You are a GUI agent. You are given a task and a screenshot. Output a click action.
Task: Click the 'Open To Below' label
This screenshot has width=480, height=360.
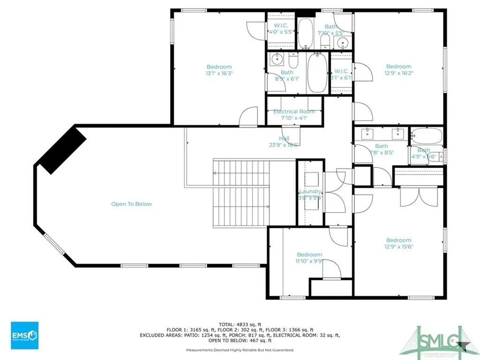pyautogui.click(x=131, y=204)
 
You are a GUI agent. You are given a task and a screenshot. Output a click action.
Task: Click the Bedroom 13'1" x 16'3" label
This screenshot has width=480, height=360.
pyautogui.click(x=219, y=70)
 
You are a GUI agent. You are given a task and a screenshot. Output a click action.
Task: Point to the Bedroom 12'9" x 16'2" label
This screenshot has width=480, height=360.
pyautogui.click(x=398, y=70)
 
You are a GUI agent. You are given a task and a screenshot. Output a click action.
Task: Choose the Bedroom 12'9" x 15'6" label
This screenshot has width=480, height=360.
pyautogui.click(x=398, y=243)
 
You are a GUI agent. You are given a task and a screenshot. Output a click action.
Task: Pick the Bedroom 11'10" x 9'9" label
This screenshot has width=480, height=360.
pyautogui.click(x=309, y=258)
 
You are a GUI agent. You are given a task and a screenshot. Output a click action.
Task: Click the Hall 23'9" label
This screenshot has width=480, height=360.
pyautogui.click(x=284, y=142)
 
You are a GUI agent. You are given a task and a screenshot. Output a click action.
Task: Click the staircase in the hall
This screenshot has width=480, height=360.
pyautogui.click(x=242, y=192)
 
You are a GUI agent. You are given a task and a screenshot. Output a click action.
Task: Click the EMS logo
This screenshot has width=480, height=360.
pyautogui.click(x=24, y=335)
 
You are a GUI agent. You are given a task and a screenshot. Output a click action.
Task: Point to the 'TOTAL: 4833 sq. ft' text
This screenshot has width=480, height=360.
pyautogui.click(x=240, y=324)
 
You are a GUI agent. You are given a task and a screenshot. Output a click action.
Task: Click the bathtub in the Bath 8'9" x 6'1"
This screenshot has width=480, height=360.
pyautogui.click(x=317, y=74)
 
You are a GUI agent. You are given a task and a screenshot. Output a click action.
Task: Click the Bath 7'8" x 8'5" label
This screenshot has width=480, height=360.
pyautogui.click(x=381, y=149)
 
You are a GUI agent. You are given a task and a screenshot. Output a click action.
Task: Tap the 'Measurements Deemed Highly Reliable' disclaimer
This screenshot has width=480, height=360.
pyautogui.click(x=240, y=350)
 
